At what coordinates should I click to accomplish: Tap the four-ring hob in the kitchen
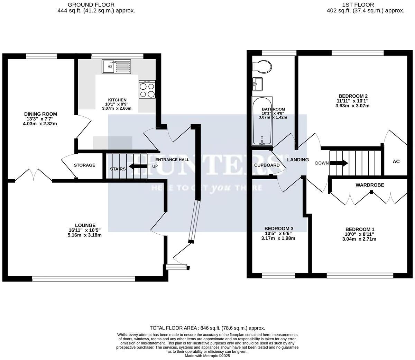[x=147, y=90]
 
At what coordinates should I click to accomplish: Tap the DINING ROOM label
[x=40, y=114]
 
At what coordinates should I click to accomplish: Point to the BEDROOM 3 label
[x=279, y=228]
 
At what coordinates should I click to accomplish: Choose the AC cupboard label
[x=396, y=162]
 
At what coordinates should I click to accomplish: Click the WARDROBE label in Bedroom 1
[x=370, y=185]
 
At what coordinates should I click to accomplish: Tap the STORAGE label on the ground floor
[x=84, y=165]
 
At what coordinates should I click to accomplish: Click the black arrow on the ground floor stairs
[x=137, y=167]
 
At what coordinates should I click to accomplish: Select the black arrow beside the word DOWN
[x=340, y=163]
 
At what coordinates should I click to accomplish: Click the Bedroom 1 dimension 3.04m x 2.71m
[x=359, y=239]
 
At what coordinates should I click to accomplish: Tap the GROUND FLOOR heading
[x=91, y=5]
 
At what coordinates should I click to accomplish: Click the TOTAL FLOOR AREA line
[x=207, y=328]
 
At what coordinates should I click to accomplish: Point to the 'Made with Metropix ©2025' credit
[x=207, y=355]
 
